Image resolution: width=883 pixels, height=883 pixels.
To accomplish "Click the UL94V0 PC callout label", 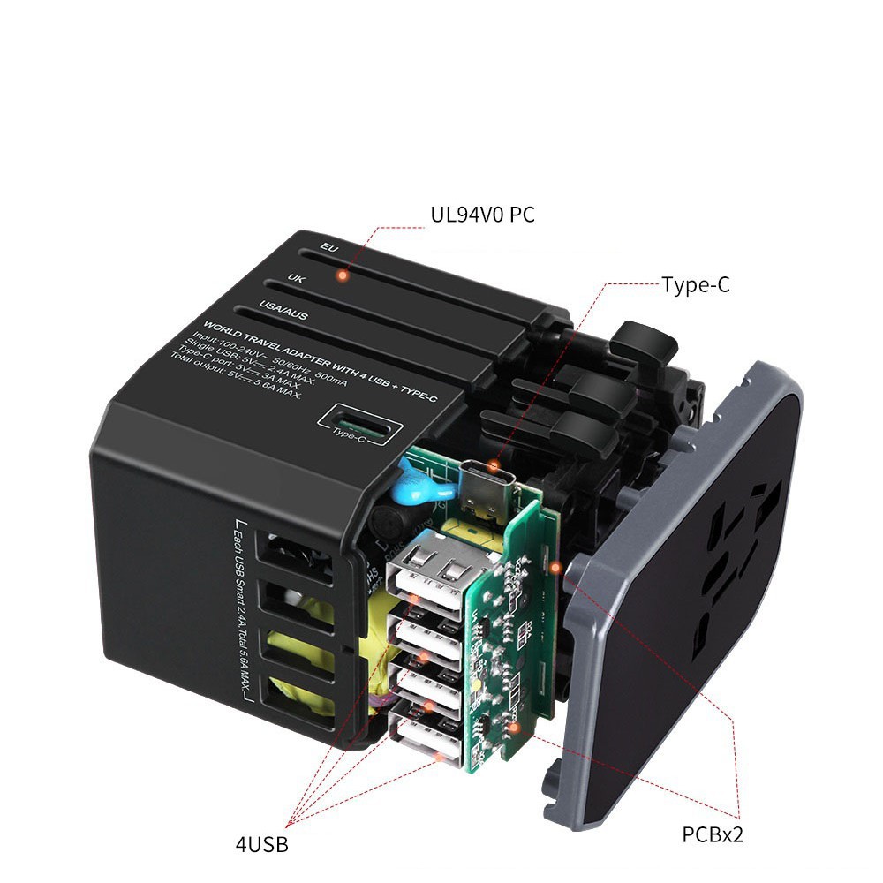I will click(x=482, y=215).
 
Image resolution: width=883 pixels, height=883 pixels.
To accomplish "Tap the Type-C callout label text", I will click(x=696, y=284).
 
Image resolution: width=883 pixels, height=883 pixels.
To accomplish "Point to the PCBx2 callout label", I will click(x=713, y=834).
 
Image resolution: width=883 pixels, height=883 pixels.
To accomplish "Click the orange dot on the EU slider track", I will click(x=342, y=276).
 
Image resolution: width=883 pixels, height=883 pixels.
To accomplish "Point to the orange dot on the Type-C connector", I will click(x=495, y=464).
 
